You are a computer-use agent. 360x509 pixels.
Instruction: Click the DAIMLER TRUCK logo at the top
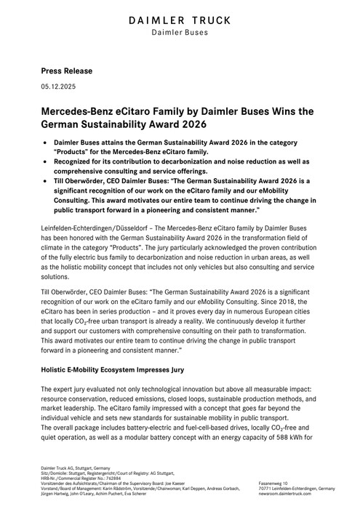(180, 20)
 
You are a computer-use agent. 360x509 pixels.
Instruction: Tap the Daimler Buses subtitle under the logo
(180, 33)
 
